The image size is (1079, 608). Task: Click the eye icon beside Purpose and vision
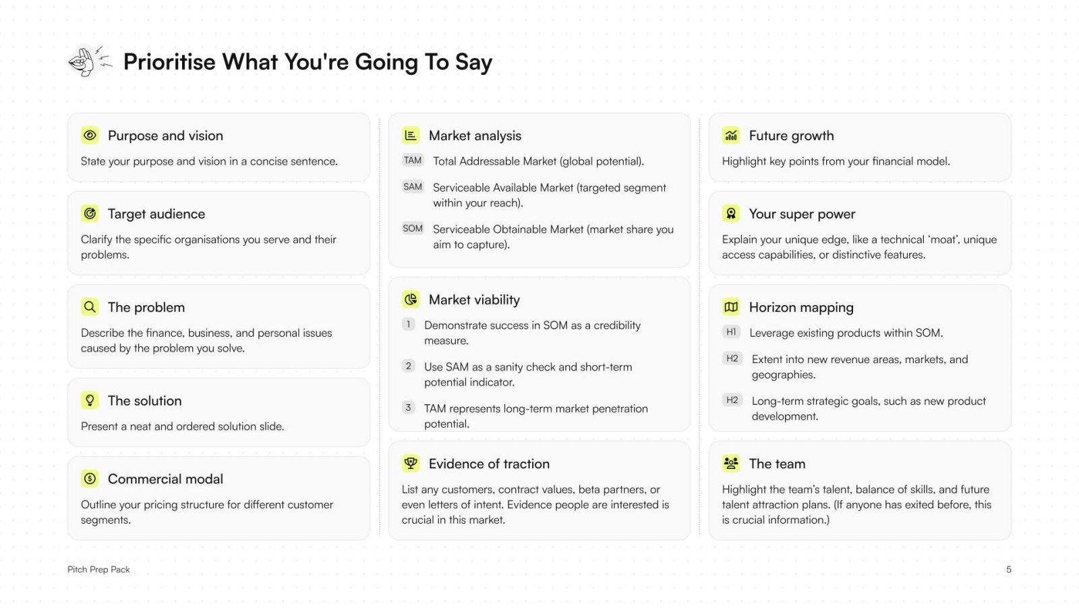pyautogui.click(x=90, y=135)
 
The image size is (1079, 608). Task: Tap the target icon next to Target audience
pyautogui.click(x=90, y=213)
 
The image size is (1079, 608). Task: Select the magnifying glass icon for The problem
pyautogui.click(x=90, y=307)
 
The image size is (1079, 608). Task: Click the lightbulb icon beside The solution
pyautogui.click(x=90, y=400)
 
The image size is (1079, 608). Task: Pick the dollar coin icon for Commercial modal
pyautogui.click(x=90, y=478)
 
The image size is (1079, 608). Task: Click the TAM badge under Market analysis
pyautogui.click(x=413, y=161)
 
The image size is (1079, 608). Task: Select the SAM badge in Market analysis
pyautogui.click(x=413, y=187)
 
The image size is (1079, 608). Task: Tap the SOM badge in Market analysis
pyautogui.click(x=413, y=229)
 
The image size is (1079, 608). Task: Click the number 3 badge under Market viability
pyautogui.click(x=408, y=408)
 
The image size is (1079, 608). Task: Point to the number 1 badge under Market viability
pyautogui.click(x=408, y=325)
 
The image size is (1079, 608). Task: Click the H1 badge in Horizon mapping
pyautogui.click(x=731, y=332)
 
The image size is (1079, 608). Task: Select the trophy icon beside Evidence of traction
pyautogui.click(x=411, y=463)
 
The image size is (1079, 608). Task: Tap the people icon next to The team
pyautogui.click(x=731, y=463)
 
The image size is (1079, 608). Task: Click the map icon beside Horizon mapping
pyautogui.click(x=731, y=307)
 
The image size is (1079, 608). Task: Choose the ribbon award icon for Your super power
pyautogui.click(x=731, y=213)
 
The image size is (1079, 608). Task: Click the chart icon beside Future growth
pyautogui.click(x=731, y=135)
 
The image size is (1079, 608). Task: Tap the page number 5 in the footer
pyautogui.click(x=1008, y=570)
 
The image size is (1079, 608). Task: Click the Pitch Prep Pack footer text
pyautogui.click(x=98, y=570)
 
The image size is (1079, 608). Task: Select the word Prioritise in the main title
pyautogui.click(x=169, y=62)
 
